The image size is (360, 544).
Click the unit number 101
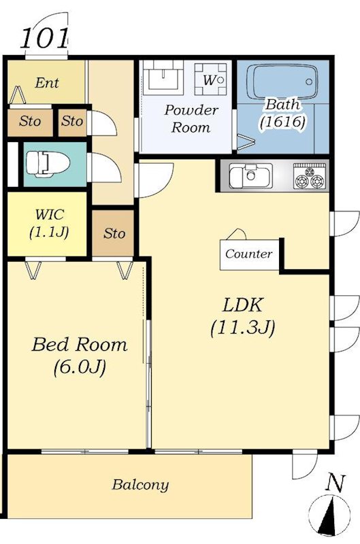point(44,38)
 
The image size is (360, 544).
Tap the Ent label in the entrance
point(47,83)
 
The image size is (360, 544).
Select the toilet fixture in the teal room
point(48,163)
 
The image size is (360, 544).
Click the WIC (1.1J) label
point(49,224)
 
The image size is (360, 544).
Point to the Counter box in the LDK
point(249,254)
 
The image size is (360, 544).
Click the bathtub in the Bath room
point(284,82)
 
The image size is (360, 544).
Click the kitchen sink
point(250,175)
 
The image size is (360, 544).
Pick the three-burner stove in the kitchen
point(310,176)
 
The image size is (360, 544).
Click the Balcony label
point(140,485)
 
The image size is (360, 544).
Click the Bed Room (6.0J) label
point(80,356)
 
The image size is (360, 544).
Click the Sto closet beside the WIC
point(113,233)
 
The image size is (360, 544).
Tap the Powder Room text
point(191,118)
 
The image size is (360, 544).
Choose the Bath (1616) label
point(282,114)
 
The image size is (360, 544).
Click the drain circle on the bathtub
point(309,82)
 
